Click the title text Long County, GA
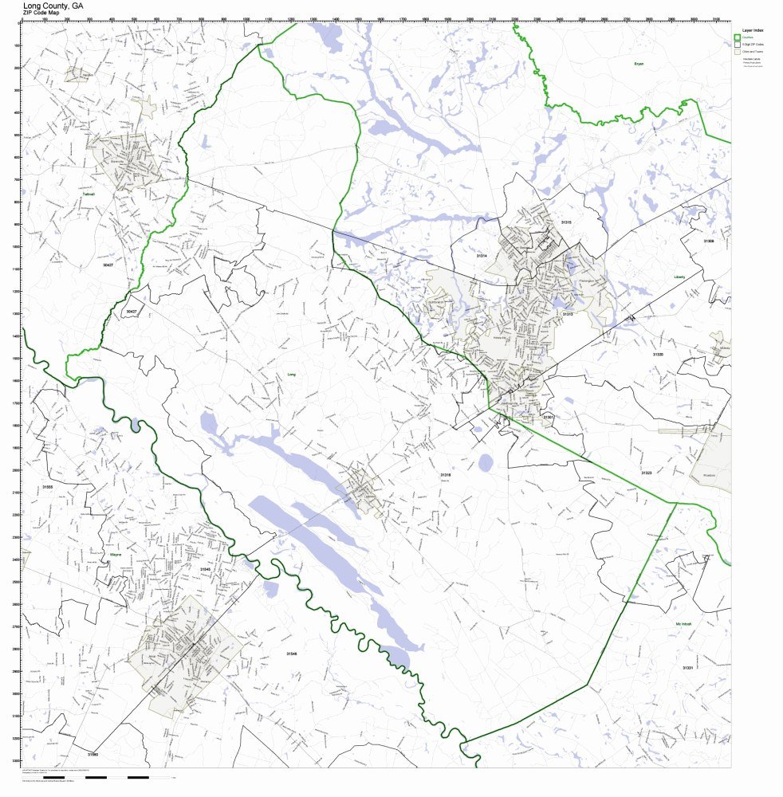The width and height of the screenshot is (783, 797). pyautogui.click(x=53, y=5)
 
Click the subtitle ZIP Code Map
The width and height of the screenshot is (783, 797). pyautogui.click(x=41, y=13)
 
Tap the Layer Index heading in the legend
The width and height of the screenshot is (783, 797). pyautogui.click(x=753, y=29)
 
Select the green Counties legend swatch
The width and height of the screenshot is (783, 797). pyautogui.click(x=738, y=37)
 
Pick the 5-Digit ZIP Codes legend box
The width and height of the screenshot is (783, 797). pyautogui.click(x=738, y=44)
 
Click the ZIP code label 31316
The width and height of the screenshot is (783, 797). pyautogui.click(x=446, y=475)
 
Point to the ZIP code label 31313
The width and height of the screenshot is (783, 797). pyautogui.click(x=568, y=314)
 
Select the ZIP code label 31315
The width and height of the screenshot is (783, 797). pyautogui.click(x=566, y=222)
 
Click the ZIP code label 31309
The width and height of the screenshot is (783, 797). pyautogui.click(x=708, y=241)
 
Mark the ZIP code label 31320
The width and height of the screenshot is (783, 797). pyautogui.click(x=657, y=354)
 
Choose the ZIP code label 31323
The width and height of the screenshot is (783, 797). pyautogui.click(x=647, y=473)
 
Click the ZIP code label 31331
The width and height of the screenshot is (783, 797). pyautogui.click(x=687, y=668)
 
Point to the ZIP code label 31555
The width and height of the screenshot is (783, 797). pyautogui.click(x=47, y=486)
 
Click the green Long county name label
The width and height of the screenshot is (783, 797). pyautogui.click(x=291, y=374)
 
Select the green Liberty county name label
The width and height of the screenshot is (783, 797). pyautogui.click(x=679, y=277)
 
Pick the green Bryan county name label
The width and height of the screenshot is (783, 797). pyautogui.click(x=638, y=64)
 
